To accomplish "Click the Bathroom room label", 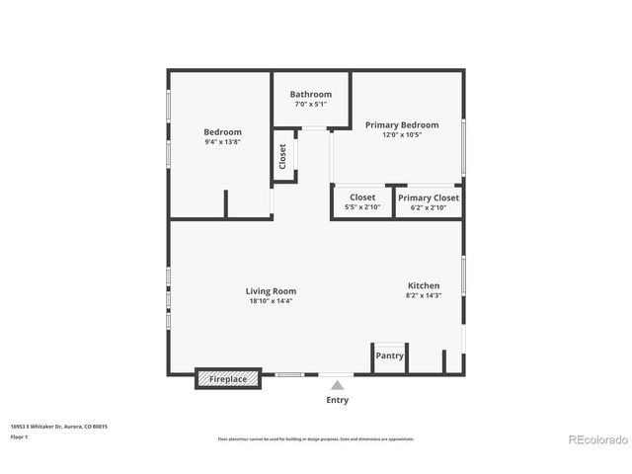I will tap(311, 94).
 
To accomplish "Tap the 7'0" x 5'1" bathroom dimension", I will tap(311, 104).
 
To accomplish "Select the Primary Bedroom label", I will tap(402, 125).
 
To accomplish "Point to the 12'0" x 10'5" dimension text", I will tap(402, 135).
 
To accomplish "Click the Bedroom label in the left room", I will tap(222, 132).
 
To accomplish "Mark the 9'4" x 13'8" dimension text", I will tap(222, 142).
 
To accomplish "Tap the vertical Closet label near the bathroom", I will tap(282, 156).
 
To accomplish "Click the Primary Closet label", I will tap(429, 197).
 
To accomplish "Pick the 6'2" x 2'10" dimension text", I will tap(429, 207).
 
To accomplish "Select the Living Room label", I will tap(271, 291).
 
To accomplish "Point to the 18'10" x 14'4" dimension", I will tap(271, 301).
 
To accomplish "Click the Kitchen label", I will tap(423, 285).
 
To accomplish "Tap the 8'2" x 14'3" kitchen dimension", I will tap(423, 295).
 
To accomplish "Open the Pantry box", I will tap(389, 355).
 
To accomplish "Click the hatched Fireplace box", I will tap(228, 378).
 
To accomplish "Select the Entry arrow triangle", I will tap(337, 385).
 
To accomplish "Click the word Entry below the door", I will tap(337, 401).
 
